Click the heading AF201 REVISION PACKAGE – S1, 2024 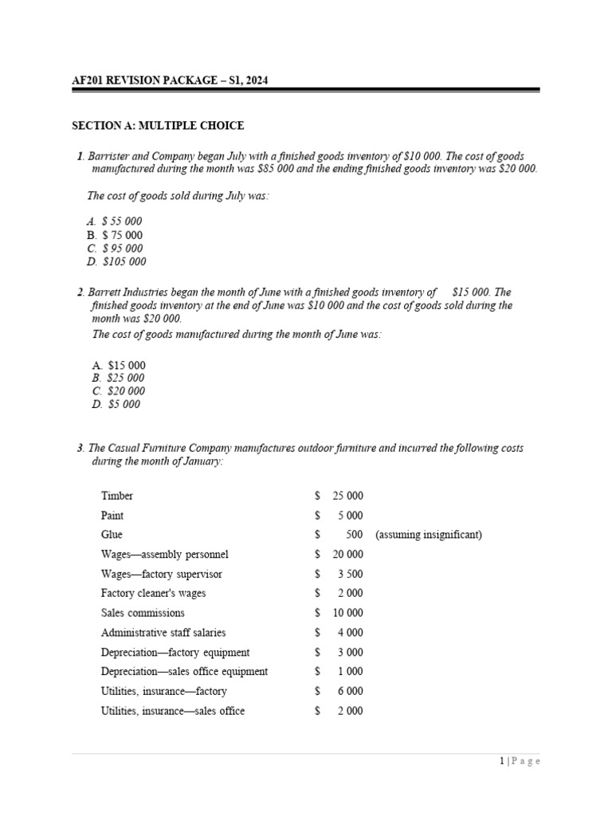pos(175,80)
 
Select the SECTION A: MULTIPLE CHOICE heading pos(158,126)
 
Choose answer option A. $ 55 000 pos(116,221)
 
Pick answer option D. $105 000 pos(117,261)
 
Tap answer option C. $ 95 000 pos(116,248)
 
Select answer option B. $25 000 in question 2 pos(119,378)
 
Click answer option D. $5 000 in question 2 pos(116,404)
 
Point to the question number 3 pos(81,449)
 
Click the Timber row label pos(117,496)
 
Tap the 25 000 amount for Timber pos(347,496)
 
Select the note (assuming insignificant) pos(428,535)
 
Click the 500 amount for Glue pos(355,535)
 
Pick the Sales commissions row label pos(143,613)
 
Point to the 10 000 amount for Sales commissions pos(347,613)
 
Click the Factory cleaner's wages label pos(153,593)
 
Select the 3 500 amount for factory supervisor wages pos(350,574)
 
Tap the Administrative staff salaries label pos(163,633)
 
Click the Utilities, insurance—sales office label pos(173,711)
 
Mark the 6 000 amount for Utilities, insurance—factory pos(350,692)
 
